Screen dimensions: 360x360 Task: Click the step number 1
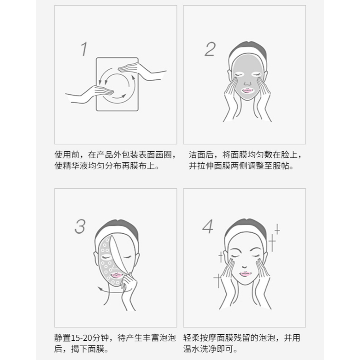tap(84, 49)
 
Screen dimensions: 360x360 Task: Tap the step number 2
tap(210, 49)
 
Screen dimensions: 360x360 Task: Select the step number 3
tap(80, 226)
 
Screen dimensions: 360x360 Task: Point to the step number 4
tap(208, 226)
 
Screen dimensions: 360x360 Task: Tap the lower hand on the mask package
tap(90, 94)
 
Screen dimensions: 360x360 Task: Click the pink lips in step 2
tap(247, 90)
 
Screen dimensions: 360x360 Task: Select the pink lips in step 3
tap(116, 275)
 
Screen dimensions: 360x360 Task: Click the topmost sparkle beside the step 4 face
tap(277, 229)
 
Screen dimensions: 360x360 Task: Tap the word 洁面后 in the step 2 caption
tap(201, 155)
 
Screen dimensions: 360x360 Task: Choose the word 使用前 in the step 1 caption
tap(67, 155)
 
